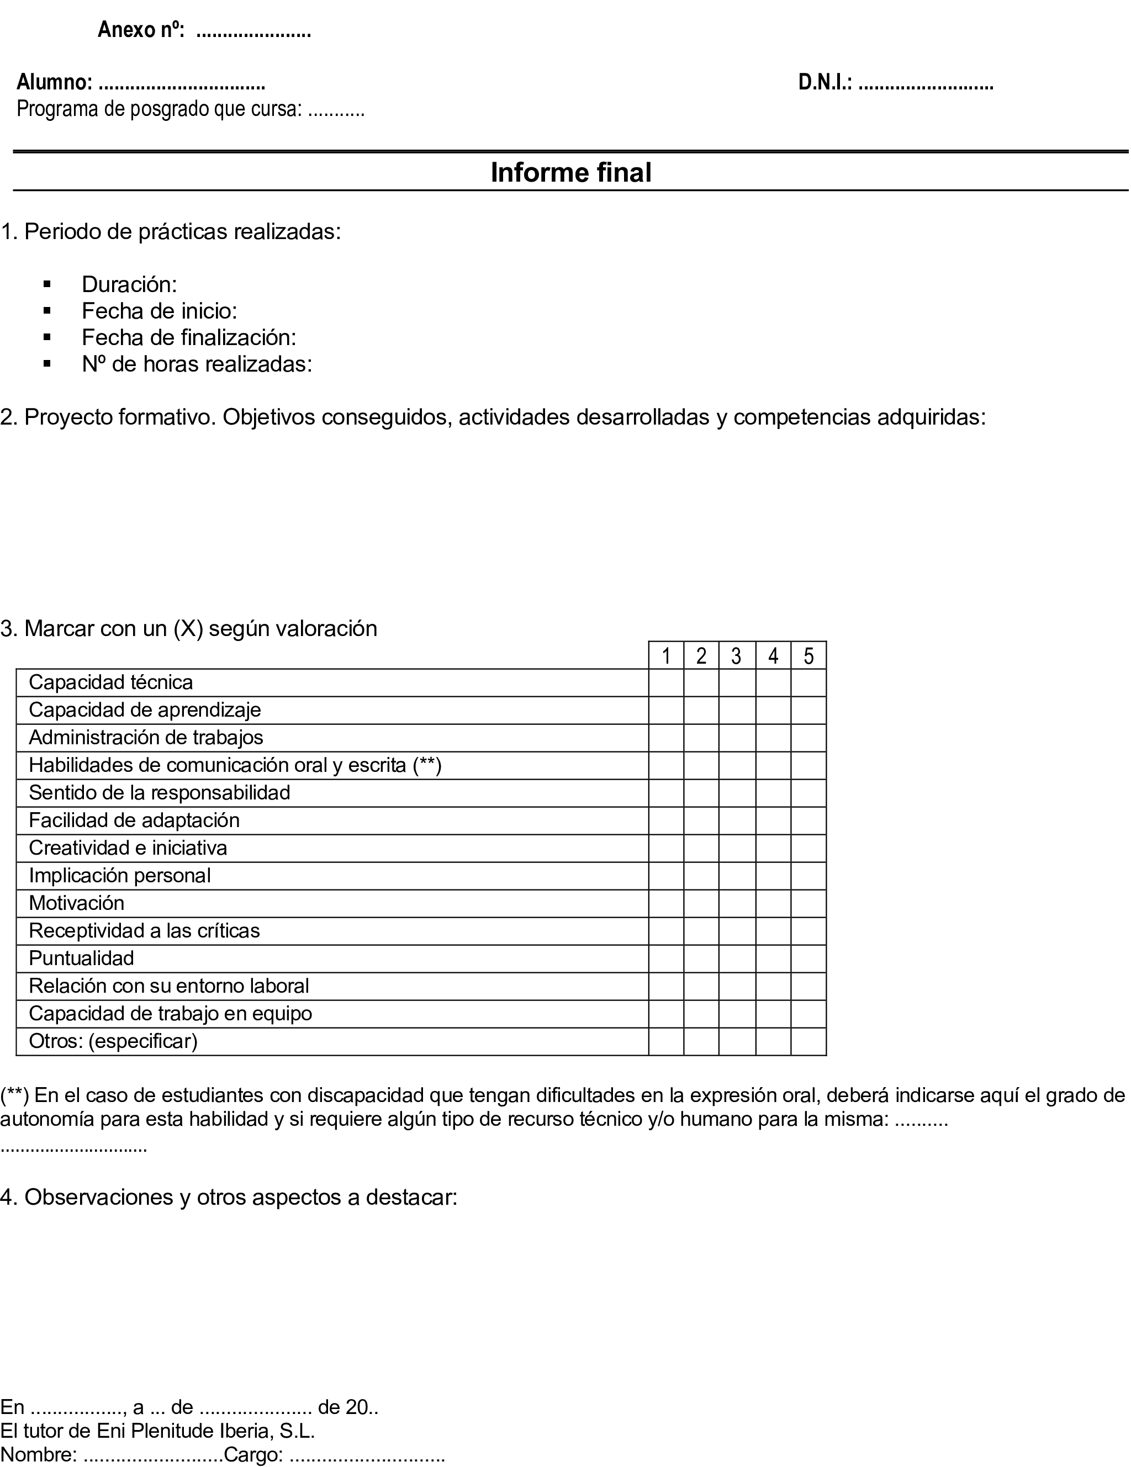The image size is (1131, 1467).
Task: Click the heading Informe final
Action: pos(570,173)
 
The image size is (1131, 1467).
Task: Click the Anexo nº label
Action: pos(141,30)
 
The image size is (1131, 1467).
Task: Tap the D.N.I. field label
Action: pos(825,83)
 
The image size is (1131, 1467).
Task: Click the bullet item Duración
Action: pos(129,285)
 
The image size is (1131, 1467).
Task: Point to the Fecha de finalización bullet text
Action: pos(189,337)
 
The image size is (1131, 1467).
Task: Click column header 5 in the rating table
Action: pos(808,655)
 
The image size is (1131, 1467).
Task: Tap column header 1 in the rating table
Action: pos(665,655)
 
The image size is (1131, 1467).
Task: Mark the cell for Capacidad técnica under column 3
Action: pos(737,682)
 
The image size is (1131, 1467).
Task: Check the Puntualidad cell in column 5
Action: pos(808,958)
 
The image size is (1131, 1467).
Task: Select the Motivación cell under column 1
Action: pos(665,903)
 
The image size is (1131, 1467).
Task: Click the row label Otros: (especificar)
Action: pos(113,1041)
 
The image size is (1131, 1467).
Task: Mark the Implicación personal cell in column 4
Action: pos(773,876)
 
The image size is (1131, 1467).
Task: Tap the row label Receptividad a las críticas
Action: pos(144,931)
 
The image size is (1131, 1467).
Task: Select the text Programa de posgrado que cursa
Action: pos(158,109)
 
